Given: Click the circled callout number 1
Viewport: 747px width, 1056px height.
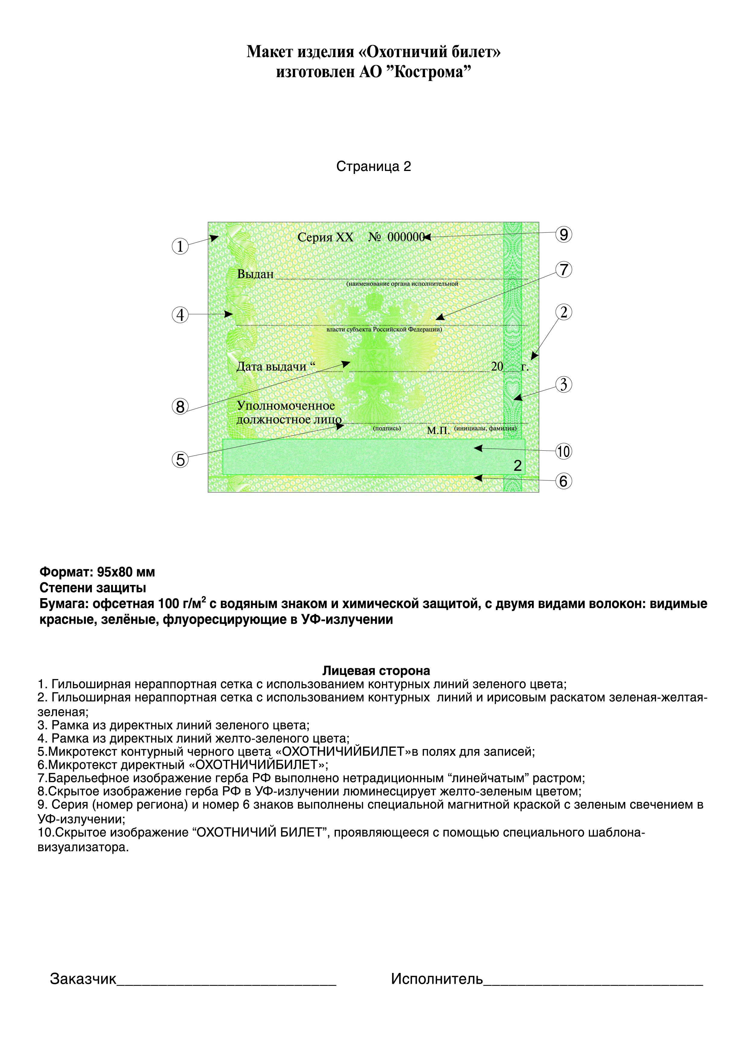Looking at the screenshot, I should point(180,247).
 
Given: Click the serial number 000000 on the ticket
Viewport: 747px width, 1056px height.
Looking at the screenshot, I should point(405,237).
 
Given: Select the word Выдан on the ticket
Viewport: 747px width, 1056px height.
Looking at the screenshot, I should point(255,275).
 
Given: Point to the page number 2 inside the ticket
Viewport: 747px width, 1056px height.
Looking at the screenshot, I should point(517,466).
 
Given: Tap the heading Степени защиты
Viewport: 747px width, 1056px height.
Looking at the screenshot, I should point(93,588).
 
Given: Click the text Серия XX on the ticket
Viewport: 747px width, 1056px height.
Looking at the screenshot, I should point(325,237).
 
